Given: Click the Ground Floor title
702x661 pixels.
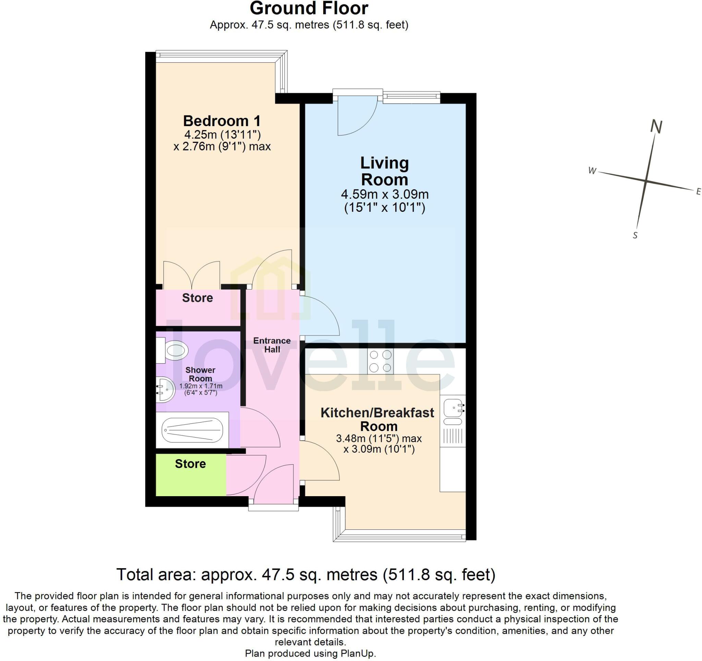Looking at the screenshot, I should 308,9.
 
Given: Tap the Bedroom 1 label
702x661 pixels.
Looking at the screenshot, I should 222,121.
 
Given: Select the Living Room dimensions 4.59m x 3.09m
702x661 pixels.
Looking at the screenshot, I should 385,194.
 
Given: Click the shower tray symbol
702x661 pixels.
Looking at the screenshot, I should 192,430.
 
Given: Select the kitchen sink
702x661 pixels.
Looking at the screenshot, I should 453,408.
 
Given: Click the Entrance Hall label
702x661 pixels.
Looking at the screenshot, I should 271,345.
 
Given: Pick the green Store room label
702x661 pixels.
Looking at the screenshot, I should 190,464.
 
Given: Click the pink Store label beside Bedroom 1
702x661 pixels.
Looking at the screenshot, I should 197,298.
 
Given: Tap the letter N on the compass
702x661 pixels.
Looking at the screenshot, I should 656,126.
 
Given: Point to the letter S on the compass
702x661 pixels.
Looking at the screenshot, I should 635,235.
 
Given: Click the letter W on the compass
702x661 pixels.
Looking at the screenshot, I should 592,171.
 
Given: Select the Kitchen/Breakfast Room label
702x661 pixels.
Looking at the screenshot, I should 377,419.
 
